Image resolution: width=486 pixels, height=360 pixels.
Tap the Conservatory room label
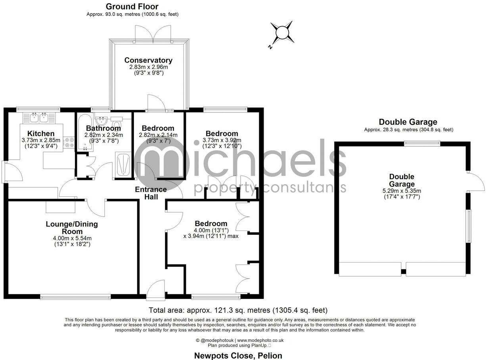[x=148, y=60]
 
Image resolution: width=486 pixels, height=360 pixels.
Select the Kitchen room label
[x=41, y=133]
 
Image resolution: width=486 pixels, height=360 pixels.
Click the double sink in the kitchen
[x=39, y=117]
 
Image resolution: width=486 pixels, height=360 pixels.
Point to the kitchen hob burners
[x=69, y=143]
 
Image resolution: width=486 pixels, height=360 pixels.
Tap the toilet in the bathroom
[x=117, y=123]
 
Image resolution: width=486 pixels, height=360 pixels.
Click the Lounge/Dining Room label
[x=72, y=228]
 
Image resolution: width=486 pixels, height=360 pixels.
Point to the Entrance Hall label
[x=151, y=193]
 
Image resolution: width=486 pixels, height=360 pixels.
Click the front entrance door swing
[x=156, y=289]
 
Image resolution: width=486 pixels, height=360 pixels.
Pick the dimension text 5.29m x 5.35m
[x=401, y=190]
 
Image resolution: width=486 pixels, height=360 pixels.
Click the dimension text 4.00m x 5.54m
[x=72, y=238]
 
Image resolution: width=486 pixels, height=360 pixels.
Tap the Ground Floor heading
[x=132, y=7]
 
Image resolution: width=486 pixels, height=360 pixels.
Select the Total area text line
[x=238, y=310]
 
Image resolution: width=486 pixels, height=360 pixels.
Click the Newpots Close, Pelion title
[x=238, y=355]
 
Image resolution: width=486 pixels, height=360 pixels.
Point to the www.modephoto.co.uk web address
[x=260, y=340]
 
